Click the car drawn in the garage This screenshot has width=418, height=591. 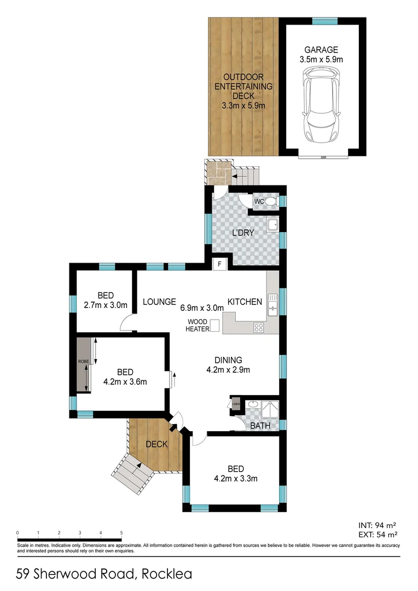pos(323,109)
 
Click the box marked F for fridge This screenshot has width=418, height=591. pos(219,264)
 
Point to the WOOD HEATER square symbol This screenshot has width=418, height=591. pos(214,325)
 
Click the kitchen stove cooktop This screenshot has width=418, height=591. pos(258,327)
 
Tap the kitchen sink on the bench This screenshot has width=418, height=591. pos(272,303)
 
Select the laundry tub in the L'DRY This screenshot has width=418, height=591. pos(272,224)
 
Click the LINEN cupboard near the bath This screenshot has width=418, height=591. pos(235,404)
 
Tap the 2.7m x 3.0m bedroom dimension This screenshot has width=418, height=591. pos(106,305)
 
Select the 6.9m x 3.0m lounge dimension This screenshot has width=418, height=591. pos(202,308)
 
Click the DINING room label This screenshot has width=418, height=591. pos(228,360)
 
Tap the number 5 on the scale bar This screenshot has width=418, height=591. pos(121,532)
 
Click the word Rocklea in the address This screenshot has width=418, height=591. pos(167,574)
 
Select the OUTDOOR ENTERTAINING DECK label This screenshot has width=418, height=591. pos(243,87)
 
